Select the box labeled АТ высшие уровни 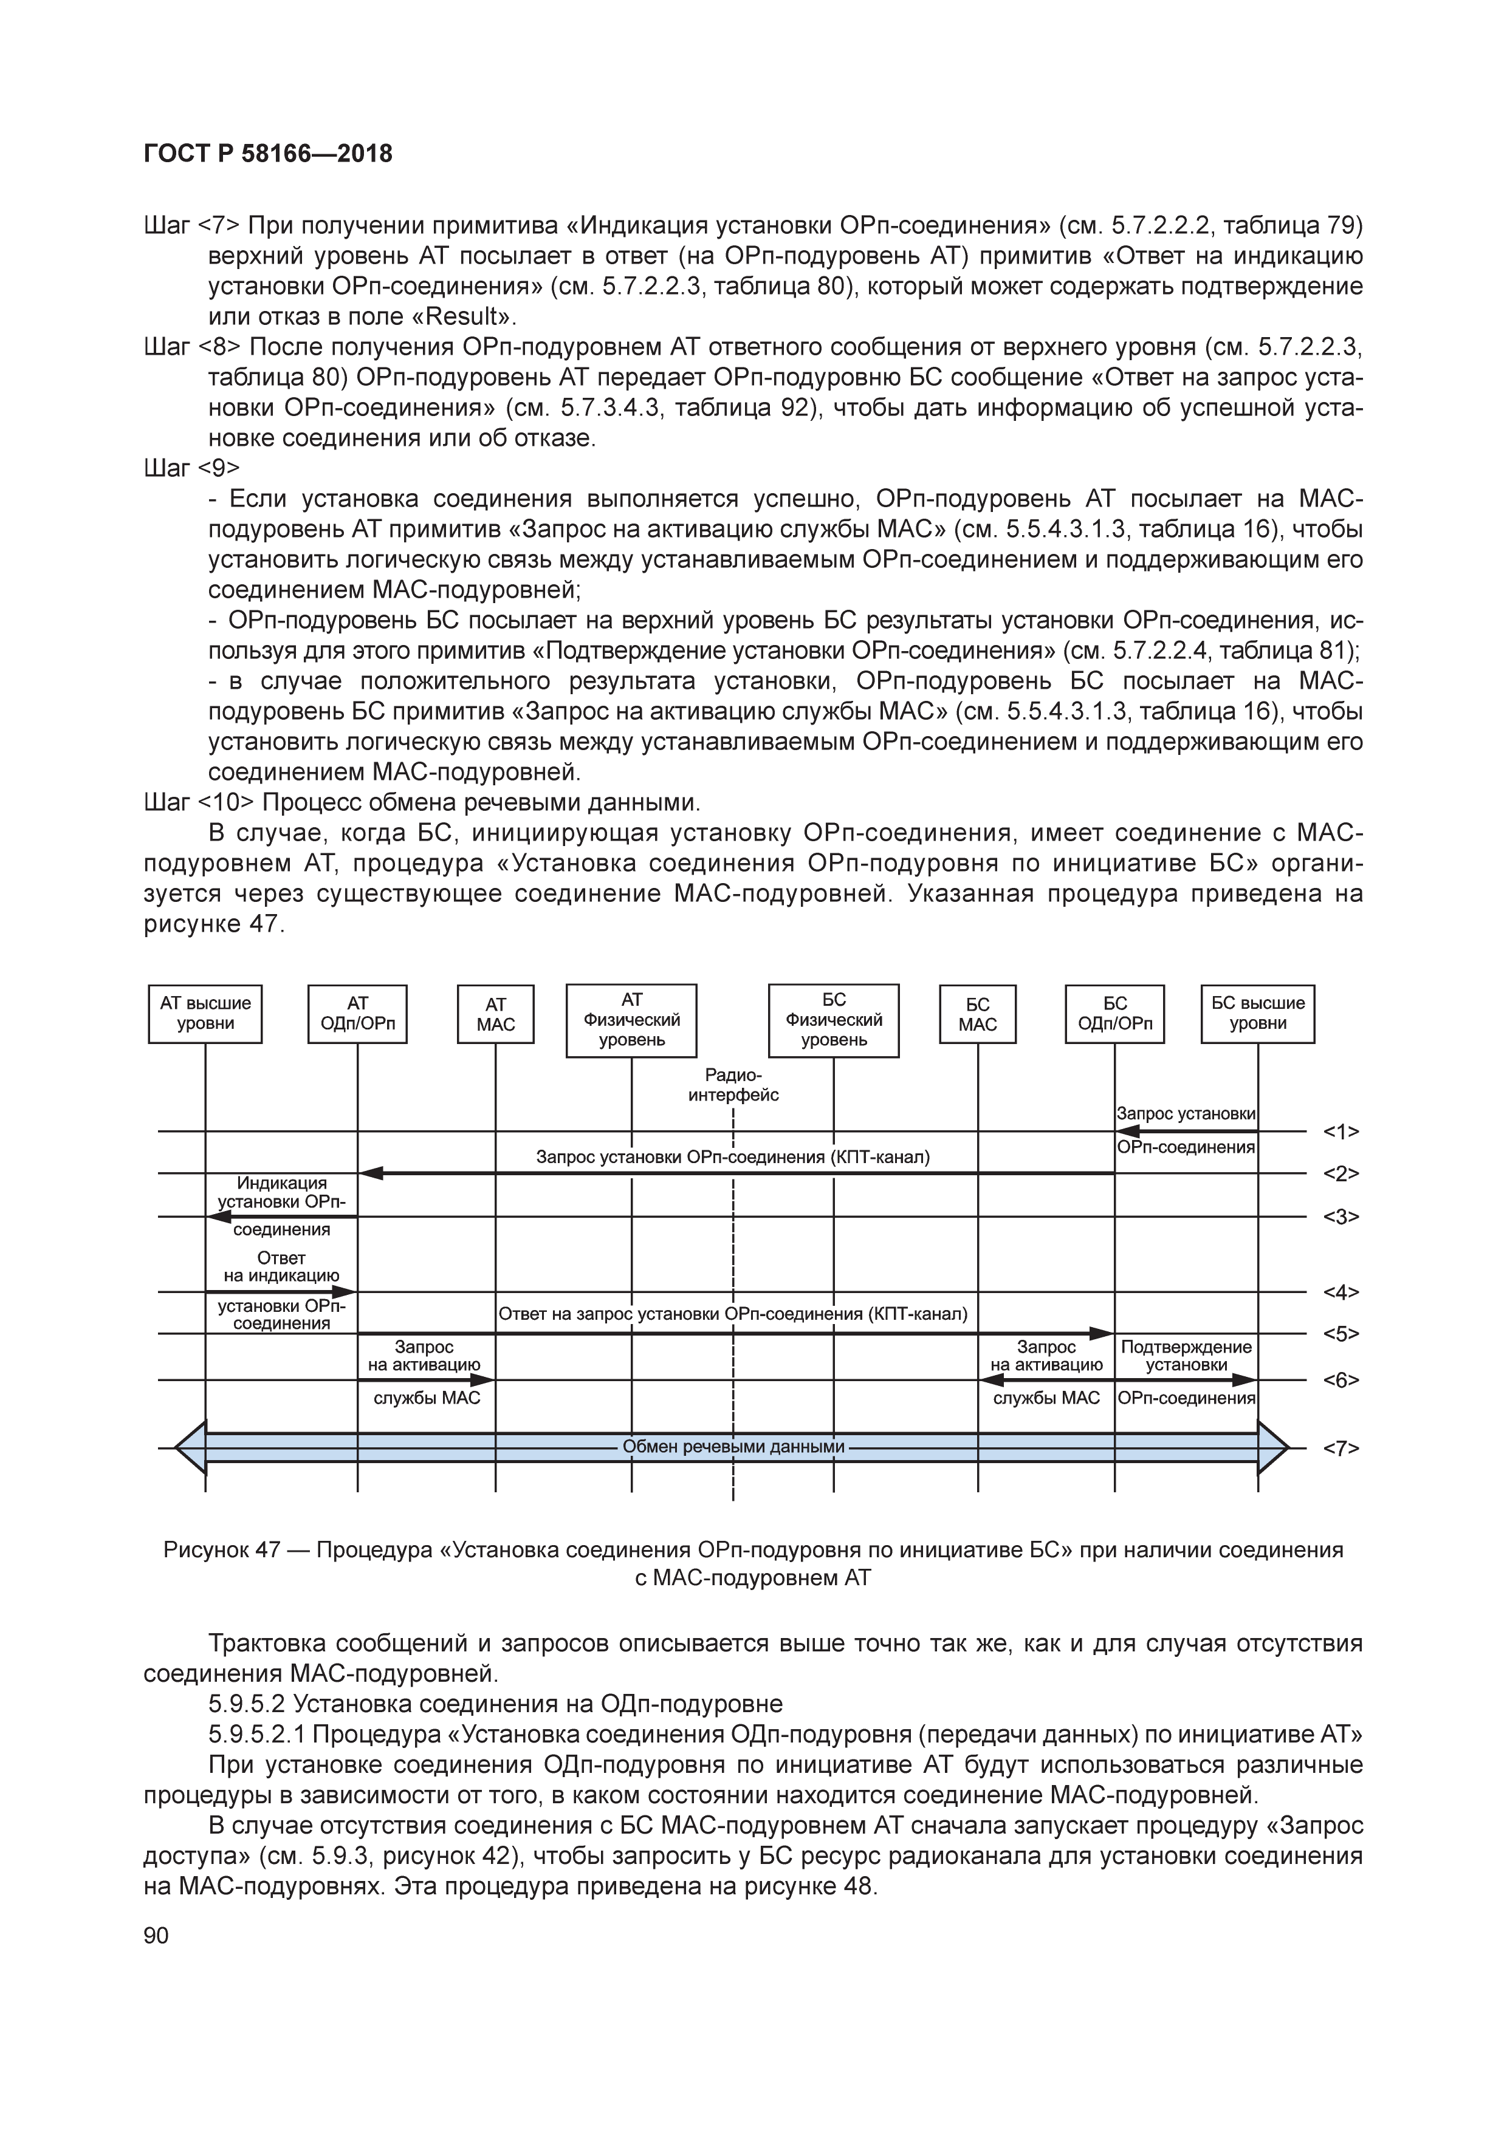(x=205, y=1014)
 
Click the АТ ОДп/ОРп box (x=357, y=1014)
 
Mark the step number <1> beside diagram (x=1341, y=1132)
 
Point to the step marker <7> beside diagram (x=1341, y=1448)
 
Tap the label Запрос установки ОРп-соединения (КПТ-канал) (x=733, y=1157)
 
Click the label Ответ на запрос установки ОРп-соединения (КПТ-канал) (x=733, y=1314)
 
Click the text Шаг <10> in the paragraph (x=199, y=802)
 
